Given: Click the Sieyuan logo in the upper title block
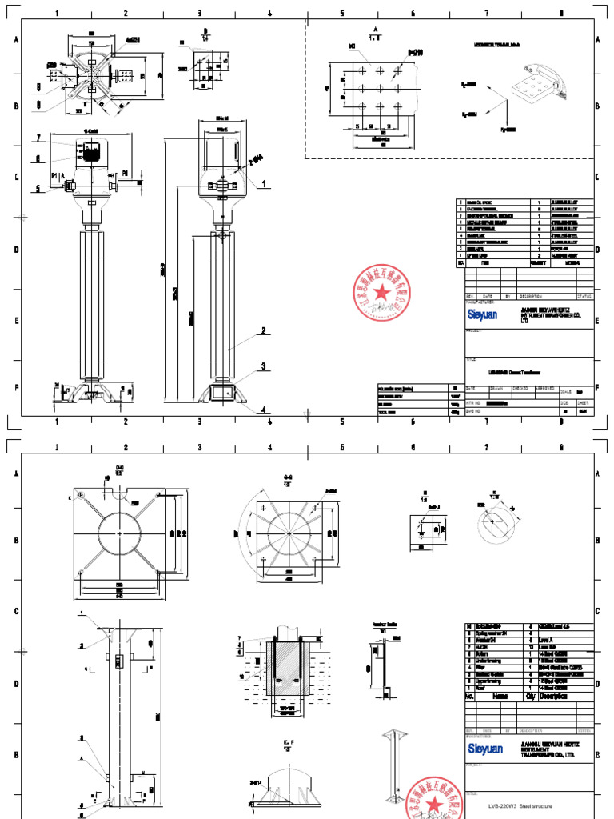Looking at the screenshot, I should (482, 315).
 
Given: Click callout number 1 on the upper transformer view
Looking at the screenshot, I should (261, 183).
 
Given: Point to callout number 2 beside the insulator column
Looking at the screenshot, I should (261, 330).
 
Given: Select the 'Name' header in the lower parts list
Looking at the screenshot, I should (500, 697).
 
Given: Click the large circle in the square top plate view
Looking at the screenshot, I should (120, 533).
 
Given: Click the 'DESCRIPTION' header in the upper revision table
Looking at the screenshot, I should (532, 295).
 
